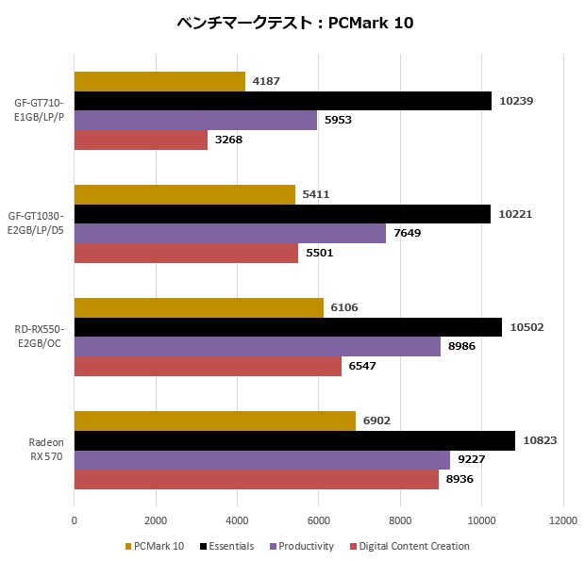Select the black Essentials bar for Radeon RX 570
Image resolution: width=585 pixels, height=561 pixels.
(x=294, y=440)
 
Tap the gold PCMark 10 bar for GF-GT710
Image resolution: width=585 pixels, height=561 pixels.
(x=159, y=82)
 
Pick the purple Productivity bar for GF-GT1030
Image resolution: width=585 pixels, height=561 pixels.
(x=229, y=234)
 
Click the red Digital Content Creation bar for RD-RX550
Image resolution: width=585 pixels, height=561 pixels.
(x=208, y=366)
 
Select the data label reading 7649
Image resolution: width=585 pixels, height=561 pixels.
(x=407, y=234)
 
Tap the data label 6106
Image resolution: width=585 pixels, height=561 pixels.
(x=344, y=307)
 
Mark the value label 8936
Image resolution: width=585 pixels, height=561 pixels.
(x=460, y=480)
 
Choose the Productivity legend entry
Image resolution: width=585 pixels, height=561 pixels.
(x=301, y=546)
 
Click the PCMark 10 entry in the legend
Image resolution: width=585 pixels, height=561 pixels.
(x=155, y=546)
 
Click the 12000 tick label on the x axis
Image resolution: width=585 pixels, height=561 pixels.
(x=563, y=520)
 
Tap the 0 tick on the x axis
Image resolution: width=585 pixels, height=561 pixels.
(x=75, y=520)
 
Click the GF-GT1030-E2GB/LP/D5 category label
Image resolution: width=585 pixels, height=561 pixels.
(x=38, y=223)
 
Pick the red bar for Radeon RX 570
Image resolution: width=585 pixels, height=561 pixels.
(x=257, y=480)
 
